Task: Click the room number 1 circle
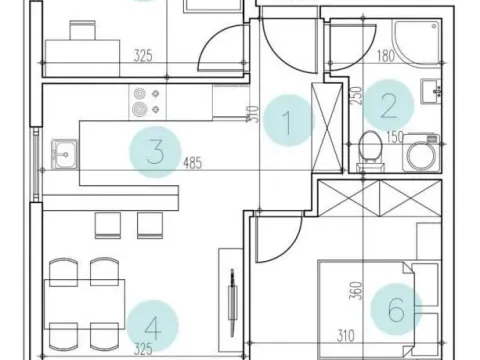point(288,120)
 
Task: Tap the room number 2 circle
point(388,105)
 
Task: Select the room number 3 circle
point(155,152)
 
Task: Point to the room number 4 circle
point(153,326)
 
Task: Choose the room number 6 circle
point(396,309)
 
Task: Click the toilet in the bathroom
point(370,151)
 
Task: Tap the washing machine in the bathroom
point(422,152)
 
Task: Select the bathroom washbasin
point(431,91)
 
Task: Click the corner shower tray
point(417,43)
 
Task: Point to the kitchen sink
point(64,154)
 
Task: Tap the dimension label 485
point(193,163)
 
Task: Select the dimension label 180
point(386,56)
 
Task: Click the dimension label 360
point(356,290)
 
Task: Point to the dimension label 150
point(395,137)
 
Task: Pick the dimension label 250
point(356,96)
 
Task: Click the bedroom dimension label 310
point(346,336)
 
